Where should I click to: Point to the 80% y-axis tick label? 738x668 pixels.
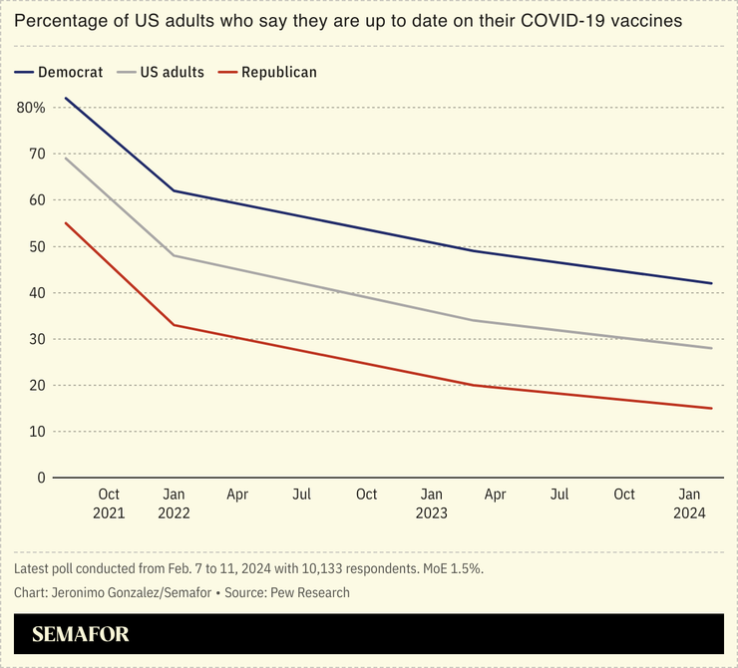pyautogui.click(x=31, y=107)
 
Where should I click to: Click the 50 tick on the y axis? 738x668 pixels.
pyautogui.click(x=37, y=246)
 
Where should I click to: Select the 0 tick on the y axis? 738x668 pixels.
pyautogui.click(x=42, y=478)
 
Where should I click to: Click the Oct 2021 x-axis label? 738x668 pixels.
pyautogui.click(x=109, y=503)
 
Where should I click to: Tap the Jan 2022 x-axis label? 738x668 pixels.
pyautogui.click(x=174, y=503)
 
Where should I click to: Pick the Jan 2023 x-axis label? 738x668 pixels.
pyautogui.click(x=431, y=503)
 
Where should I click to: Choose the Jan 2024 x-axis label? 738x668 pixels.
pyautogui.click(x=689, y=503)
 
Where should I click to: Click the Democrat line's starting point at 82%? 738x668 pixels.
pyautogui.click(x=65, y=98)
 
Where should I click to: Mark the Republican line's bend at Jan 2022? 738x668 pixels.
pyautogui.click(x=175, y=325)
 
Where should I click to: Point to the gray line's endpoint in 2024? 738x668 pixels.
pyautogui.click(x=712, y=348)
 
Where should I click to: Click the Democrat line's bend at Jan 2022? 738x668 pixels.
pyautogui.click(x=175, y=190)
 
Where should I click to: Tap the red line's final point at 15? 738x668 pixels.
pyautogui.click(x=712, y=408)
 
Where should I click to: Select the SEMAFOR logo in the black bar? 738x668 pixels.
pyautogui.click(x=80, y=634)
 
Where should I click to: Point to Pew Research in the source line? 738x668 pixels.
pyautogui.click(x=305, y=592)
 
